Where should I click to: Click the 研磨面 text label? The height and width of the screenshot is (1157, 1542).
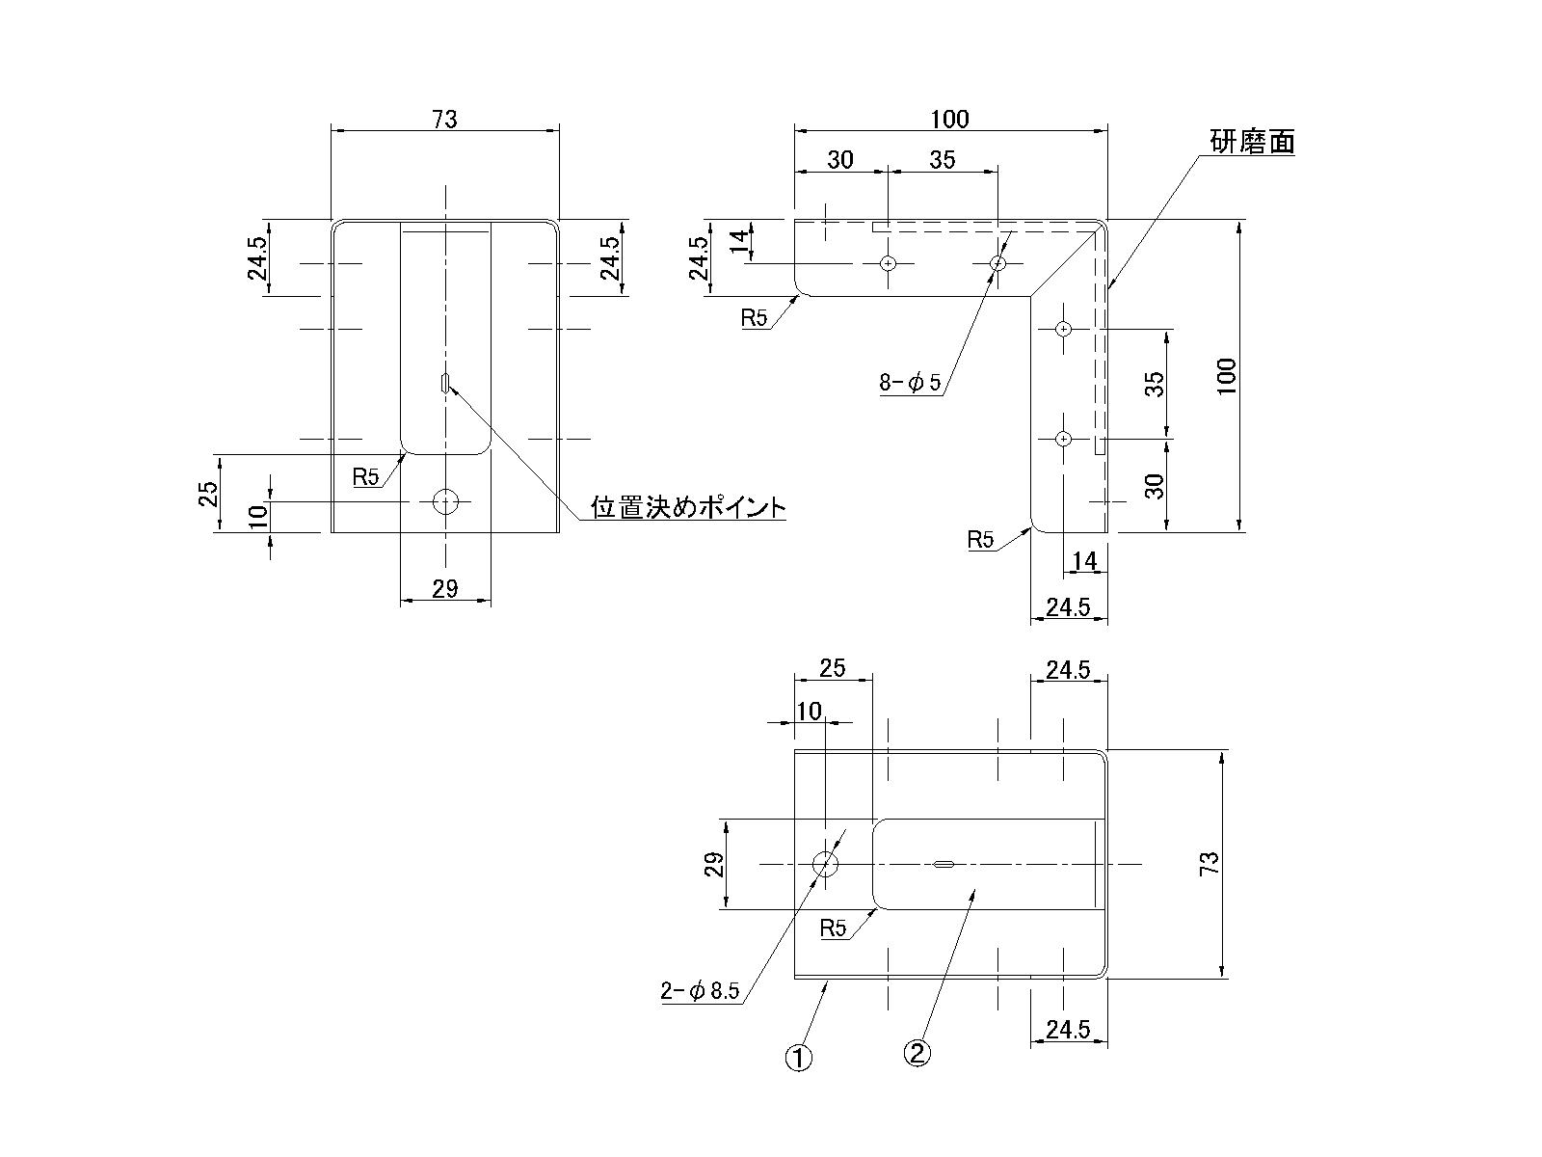[x=1252, y=143]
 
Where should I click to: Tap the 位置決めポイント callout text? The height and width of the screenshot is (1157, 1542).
[x=688, y=507]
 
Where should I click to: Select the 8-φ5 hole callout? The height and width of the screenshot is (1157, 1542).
[x=909, y=384]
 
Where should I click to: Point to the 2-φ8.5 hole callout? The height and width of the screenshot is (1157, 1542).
[x=699, y=991]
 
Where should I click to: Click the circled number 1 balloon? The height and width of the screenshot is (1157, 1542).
[x=799, y=1058]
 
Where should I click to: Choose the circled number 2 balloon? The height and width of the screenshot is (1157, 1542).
[x=917, y=1053]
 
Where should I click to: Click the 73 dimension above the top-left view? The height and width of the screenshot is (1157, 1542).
[x=444, y=119]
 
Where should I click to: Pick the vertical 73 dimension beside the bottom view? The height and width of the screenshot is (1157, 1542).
[x=1210, y=863]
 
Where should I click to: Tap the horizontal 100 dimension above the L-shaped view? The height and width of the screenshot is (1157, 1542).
[x=949, y=119]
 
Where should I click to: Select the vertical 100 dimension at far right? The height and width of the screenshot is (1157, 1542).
[x=1226, y=376]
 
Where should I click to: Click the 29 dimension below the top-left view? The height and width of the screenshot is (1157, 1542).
[x=444, y=588]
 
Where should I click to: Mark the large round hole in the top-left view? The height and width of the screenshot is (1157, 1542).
[x=445, y=501]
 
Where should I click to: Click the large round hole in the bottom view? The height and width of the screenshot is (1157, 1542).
[x=825, y=864]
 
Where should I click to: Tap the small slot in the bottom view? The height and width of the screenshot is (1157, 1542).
[x=944, y=865]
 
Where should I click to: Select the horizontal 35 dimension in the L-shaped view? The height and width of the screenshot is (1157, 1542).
[x=942, y=160]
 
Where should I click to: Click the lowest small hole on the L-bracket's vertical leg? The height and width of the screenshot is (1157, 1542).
[x=1063, y=439]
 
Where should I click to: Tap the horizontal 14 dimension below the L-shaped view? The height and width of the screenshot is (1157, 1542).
[x=1084, y=561]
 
